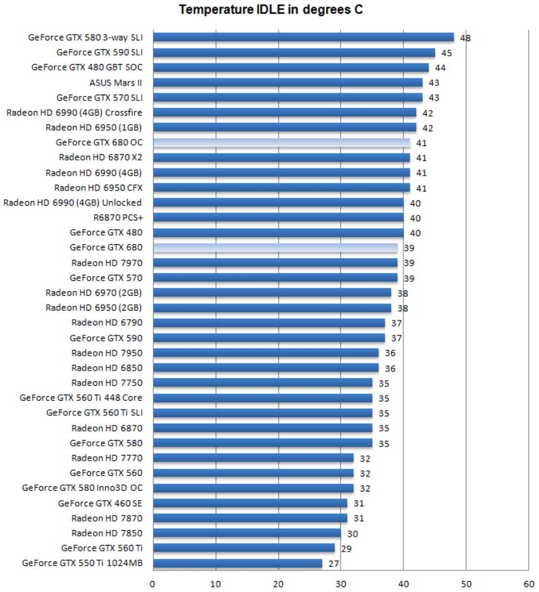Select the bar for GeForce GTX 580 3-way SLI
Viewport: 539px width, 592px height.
coord(303,37)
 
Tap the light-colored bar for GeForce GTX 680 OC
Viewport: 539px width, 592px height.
coord(281,142)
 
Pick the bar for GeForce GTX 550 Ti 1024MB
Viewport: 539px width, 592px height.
coord(237,563)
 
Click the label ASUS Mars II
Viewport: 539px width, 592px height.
coord(116,83)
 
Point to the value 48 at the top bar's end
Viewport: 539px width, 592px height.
coord(465,38)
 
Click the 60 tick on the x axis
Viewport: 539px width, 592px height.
coord(529,584)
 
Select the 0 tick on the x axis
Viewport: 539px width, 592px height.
coord(153,584)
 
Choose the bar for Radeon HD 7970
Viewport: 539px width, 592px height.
coord(275,262)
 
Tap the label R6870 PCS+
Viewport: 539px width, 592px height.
coord(118,218)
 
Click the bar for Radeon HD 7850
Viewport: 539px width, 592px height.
coord(246,533)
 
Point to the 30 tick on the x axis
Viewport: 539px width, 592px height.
coord(340,584)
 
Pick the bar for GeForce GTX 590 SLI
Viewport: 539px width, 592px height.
coord(294,52)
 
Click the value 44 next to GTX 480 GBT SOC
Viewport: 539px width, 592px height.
coord(440,68)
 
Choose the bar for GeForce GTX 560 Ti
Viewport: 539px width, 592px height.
coord(244,548)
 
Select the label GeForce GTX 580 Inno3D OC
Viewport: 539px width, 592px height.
coord(82,488)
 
